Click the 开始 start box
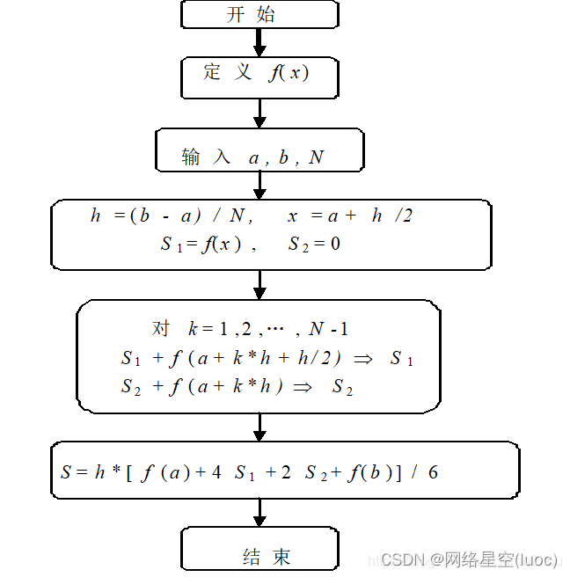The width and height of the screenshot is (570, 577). (x=259, y=14)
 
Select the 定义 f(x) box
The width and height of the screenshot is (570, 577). (x=259, y=73)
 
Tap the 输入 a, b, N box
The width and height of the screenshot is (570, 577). (x=259, y=151)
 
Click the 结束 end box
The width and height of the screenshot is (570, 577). (x=259, y=551)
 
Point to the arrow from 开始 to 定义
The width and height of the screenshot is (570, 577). (x=259, y=41)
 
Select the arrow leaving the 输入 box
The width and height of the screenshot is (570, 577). (x=259, y=184)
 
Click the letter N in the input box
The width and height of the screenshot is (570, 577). (x=317, y=157)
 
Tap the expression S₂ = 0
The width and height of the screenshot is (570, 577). (x=314, y=245)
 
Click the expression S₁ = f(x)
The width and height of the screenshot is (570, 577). (x=201, y=245)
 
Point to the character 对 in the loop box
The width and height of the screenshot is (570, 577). (x=161, y=328)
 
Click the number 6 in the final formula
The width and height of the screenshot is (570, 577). (x=433, y=472)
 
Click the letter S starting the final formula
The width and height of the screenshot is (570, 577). (x=66, y=472)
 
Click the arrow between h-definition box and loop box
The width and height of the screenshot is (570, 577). (x=259, y=283)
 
